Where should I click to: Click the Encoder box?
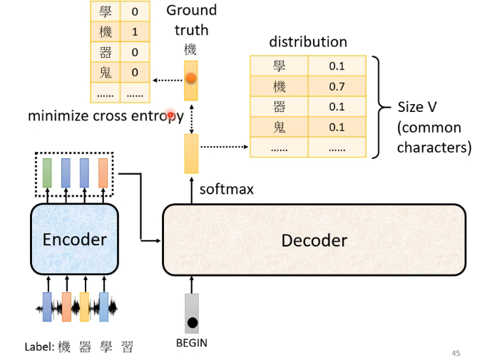(74, 240)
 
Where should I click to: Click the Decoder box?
(314, 240)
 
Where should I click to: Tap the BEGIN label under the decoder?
(191, 343)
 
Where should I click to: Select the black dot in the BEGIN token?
(192, 323)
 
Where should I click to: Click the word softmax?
(226, 190)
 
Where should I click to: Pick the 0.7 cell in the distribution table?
(337, 87)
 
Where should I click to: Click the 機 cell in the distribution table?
(279, 87)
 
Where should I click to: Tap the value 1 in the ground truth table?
(134, 31)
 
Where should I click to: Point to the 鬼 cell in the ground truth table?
(105, 72)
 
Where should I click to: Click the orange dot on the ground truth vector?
(191, 79)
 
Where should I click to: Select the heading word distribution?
(307, 42)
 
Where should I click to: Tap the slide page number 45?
(456, 352)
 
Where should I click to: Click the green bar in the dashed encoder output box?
(47, 173)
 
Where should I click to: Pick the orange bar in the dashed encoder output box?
(103, 173)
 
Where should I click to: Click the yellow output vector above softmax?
(191, 153)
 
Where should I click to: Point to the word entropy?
(160, 116)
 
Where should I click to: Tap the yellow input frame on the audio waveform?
(84, 307)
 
